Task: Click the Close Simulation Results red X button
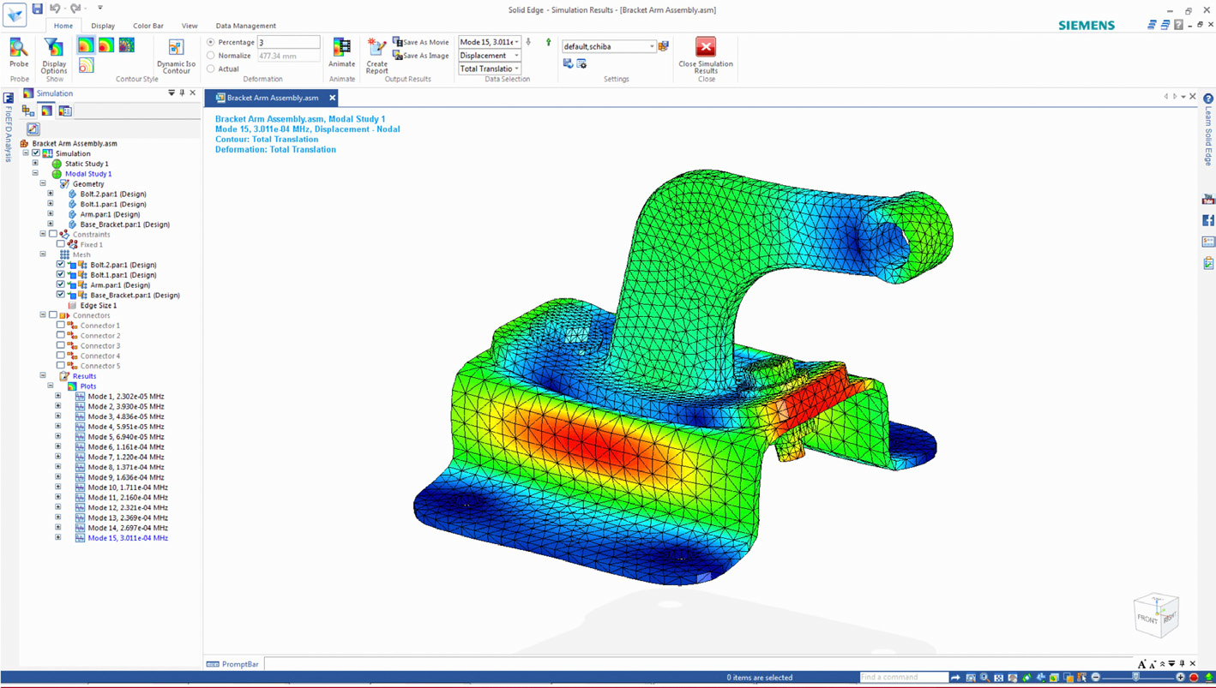tap(705, 47)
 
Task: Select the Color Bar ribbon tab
tap(147, 26)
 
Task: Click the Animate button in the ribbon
tap(341, 53)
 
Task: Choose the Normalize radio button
tap(211, 56)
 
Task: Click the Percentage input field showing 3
tap(288, 42)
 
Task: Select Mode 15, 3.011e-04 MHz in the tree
tap(127, 538)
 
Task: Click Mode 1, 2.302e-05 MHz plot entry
tap(125, 397)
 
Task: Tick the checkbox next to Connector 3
tap(61, 346)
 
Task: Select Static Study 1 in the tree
tap(87, 164)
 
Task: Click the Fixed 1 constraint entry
tap(91, 245)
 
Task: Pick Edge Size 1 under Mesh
tap(98, 306)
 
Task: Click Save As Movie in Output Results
tap(421, 42)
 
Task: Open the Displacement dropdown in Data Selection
tap(490, 56)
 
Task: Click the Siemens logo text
tap(1086, 26)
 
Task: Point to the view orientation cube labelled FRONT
tap(1154, 615)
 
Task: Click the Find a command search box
tap(902, 678)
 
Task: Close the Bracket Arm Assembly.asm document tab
tap(333, 98)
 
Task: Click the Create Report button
tap(376, 55)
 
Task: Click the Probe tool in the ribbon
tap(19, 53)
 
